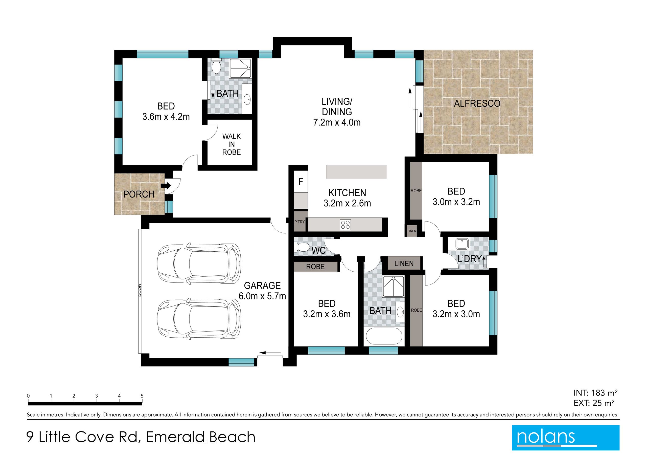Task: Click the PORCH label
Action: tap(139, 194)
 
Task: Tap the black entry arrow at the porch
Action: tap(166, 186)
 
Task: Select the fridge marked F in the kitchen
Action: tap(301, 181)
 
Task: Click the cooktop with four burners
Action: tap(345, 225)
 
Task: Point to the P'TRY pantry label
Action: tap(299, 222)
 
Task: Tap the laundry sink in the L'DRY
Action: tap(462, 244)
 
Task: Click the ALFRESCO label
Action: tap(477, 103)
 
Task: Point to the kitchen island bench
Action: tap(356, 172)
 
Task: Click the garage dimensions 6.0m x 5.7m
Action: tap(262, 296)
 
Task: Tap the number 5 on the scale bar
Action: tap(142, 396)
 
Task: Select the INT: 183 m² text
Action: tap(595, 392)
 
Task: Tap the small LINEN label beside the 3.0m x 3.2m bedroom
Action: tap(412, 231)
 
